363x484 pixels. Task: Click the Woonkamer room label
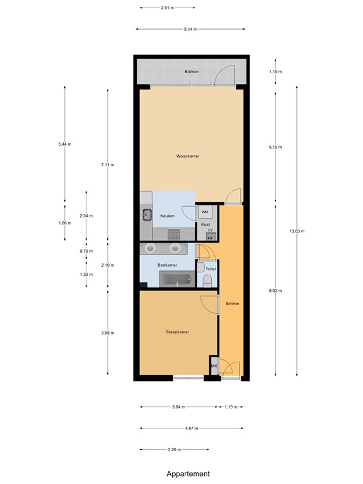[x=188, y=155]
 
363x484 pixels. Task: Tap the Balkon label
[x=192, y=72]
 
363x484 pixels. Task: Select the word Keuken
[x=167, y=216]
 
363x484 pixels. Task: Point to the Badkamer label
[x=166, y=265]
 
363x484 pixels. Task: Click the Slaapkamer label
[x=178, y=331]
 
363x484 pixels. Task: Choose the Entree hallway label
[x=232, y=304]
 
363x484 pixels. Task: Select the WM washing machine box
[x=205, y=212]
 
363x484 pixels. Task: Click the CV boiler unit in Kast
[x=210, y=236]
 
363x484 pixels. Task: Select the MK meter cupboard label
[x=214, y=366]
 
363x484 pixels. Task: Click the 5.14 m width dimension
[x=190, y=29]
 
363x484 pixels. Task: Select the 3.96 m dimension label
[x=108, y=333]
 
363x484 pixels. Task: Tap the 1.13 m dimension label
[x=231, y=407]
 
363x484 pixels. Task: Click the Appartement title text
[x=188, y=473]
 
